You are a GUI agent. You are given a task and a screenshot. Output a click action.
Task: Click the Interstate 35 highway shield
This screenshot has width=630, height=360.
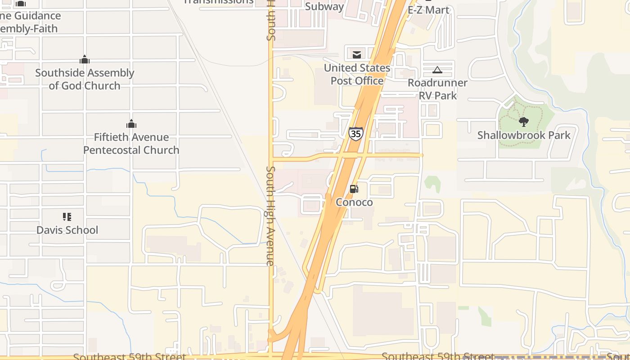(x=355, y=134)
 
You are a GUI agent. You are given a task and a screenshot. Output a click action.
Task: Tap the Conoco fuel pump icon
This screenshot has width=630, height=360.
(x=354, y=189)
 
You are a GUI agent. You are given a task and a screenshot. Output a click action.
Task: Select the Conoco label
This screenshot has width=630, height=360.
(x=354, y=202)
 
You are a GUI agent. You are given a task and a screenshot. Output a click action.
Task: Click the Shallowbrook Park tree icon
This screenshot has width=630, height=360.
(x=523, y=121)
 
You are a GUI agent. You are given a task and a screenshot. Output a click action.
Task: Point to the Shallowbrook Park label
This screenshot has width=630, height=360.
(x=523, y=135)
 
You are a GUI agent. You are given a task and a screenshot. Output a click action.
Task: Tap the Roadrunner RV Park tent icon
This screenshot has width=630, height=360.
(x=437, y=70)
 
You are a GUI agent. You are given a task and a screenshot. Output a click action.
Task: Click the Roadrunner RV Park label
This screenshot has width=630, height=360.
(x=437, y=89)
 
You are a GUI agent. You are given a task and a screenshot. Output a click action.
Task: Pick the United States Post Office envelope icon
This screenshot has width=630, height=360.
(x=357, y=55)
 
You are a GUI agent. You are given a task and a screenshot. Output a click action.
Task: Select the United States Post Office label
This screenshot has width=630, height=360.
(x=357, y=74)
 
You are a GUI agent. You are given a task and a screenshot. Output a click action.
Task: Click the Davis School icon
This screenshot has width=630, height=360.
(x=67, y=217)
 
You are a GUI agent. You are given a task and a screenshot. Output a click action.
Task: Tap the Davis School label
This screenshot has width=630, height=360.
(x=67, y=230)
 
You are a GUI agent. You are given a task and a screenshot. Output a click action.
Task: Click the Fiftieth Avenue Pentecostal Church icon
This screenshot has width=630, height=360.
(x=131, y=124)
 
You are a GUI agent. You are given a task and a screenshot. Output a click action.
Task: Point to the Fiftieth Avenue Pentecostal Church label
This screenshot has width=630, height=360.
(x=131, y=144)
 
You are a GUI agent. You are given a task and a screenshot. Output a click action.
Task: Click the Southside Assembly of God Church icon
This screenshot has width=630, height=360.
(x=85, y=59)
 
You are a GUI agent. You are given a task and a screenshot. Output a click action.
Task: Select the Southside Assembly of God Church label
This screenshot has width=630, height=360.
(x=85, y=79)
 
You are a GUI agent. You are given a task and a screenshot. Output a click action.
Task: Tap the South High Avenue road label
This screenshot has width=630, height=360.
(x=270, y=216)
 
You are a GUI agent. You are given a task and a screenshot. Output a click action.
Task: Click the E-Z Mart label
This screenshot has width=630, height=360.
(x=428, y=9)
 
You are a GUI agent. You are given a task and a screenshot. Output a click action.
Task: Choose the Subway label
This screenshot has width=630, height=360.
(x=324, y=6)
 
